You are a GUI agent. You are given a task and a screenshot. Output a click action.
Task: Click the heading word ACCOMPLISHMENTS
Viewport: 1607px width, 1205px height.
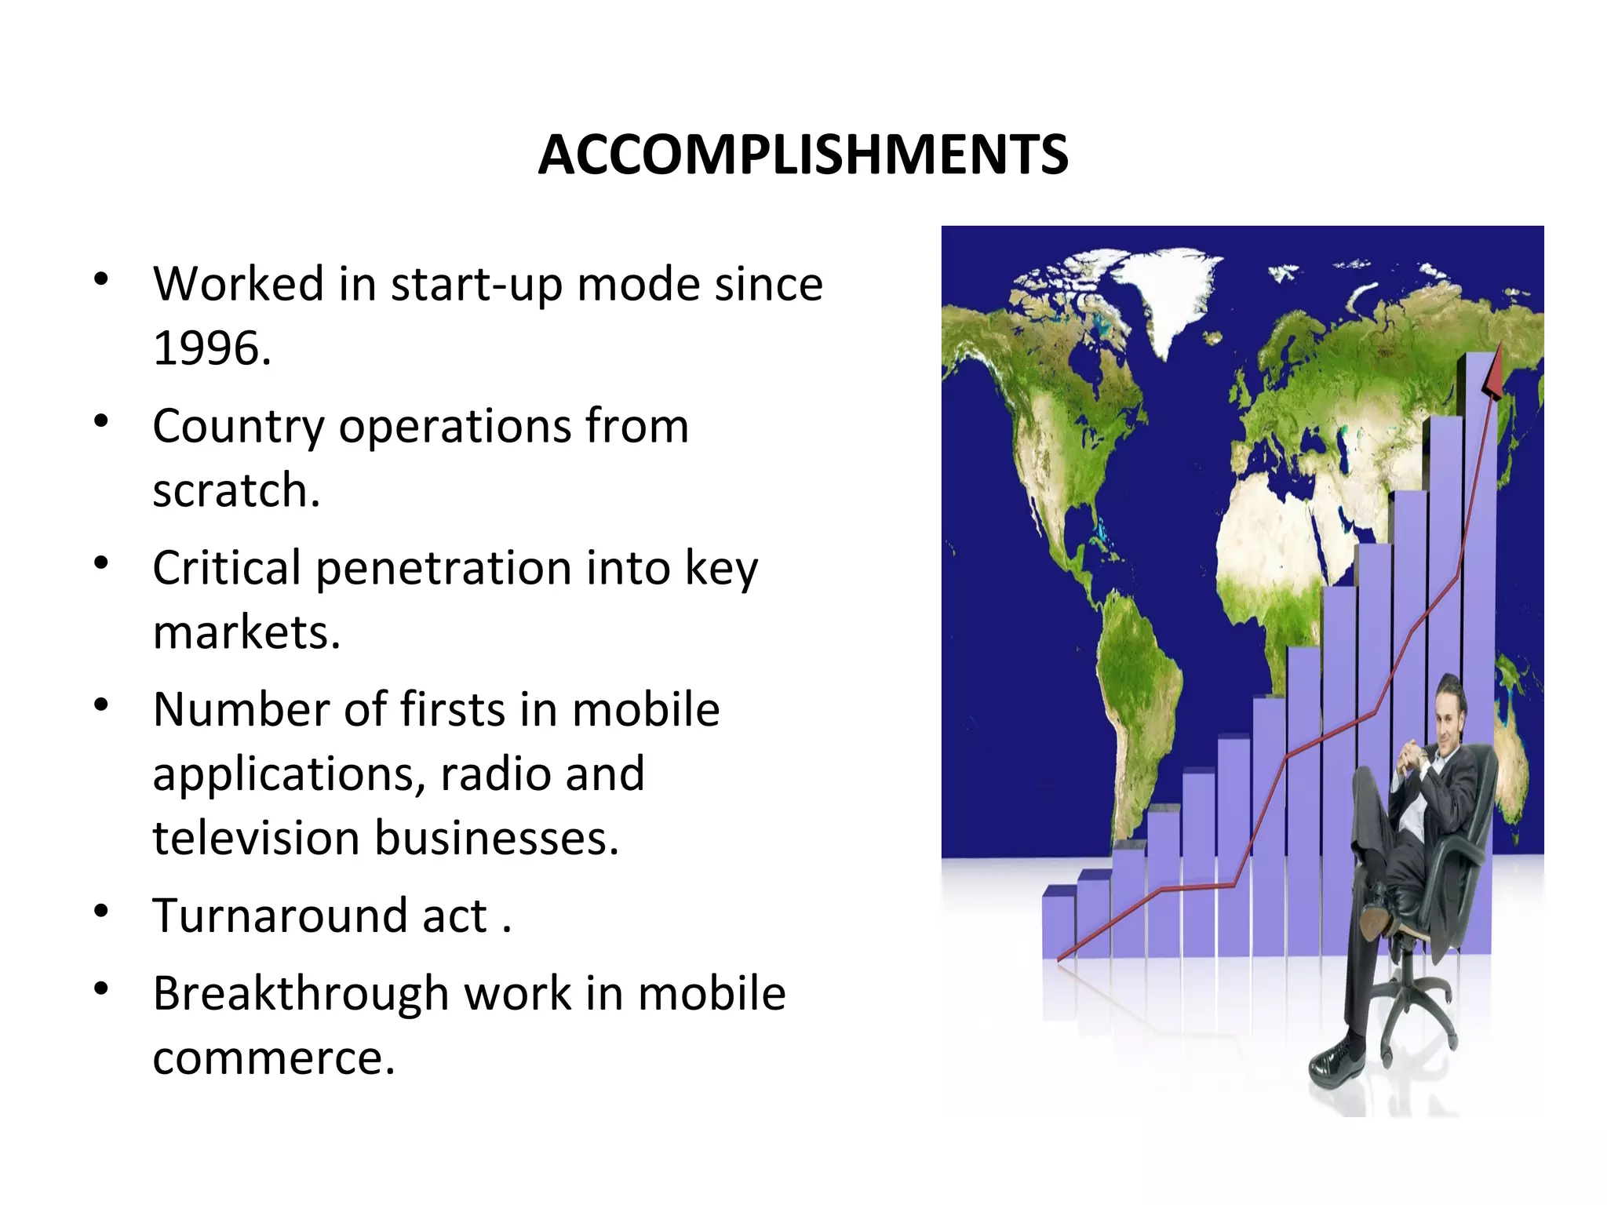pos(803,155)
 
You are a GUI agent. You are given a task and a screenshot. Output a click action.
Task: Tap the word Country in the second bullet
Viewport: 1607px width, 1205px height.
pos(238,427)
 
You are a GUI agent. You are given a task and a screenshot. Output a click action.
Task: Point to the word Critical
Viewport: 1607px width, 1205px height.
pos(226,568)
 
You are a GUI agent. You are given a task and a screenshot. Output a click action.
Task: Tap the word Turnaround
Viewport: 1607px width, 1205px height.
pos(280,916)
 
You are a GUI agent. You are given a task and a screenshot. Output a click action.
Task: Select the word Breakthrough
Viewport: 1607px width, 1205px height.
pos(301,994)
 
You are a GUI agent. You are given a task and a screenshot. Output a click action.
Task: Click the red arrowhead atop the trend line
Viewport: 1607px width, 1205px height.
pos(1493,373)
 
